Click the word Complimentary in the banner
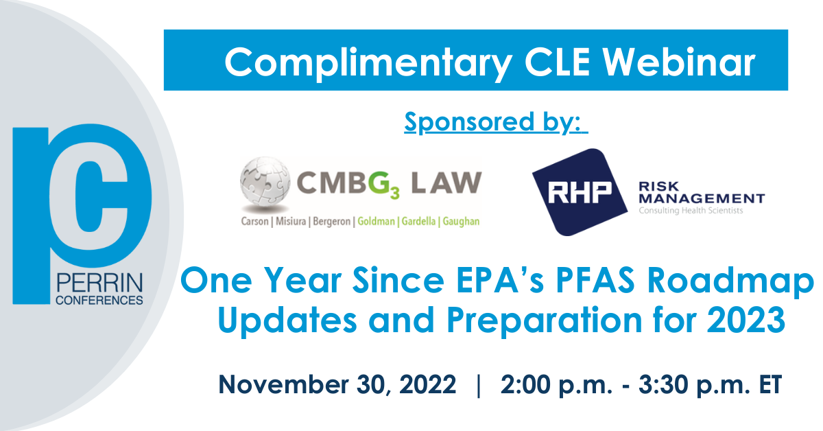[368, 64]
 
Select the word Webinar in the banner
[678, 62]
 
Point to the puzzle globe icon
[265, 183]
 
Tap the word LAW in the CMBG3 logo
[446, 183]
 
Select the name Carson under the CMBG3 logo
[255, 222]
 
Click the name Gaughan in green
[461, 222]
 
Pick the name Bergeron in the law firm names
[332, 222]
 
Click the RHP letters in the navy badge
[580, 193]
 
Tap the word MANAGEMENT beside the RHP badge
[702, 198]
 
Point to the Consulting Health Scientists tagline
[691, 211]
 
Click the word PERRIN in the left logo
[99, 283]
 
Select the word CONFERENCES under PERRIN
[99, 301]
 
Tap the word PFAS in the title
[595, 280]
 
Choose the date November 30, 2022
[337, 384]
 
